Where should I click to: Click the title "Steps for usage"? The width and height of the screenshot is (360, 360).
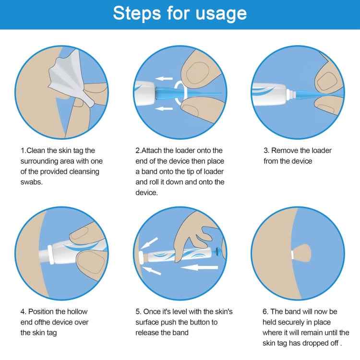point(180,13)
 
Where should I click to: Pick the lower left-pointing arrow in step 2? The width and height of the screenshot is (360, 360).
point(166,108)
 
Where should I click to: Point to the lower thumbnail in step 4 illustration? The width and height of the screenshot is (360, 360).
point(91,262)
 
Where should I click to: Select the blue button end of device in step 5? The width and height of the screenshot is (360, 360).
point(219,252)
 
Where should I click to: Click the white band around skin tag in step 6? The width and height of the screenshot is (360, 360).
point(292,252)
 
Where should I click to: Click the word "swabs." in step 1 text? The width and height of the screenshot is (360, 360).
point(31,182)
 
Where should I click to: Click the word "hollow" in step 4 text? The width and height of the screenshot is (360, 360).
point(76,312)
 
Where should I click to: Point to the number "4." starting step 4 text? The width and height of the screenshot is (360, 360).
point(24,312)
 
